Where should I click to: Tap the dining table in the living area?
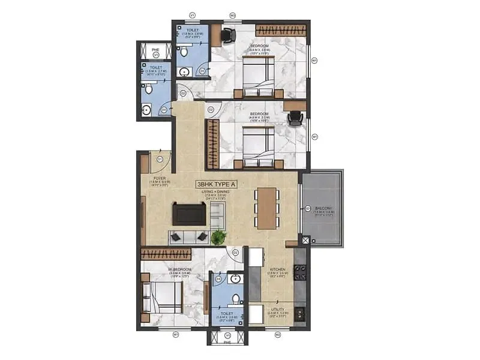coord(267,208)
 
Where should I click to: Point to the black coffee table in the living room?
coord(188,214)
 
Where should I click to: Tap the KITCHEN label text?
coord(277,269)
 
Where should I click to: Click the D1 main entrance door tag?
coord(160,159)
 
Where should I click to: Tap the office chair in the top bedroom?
coord(228,35)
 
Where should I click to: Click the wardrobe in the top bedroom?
coord(281,29)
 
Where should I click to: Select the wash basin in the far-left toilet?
coord(146,110)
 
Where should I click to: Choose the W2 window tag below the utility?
coord(278,334)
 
